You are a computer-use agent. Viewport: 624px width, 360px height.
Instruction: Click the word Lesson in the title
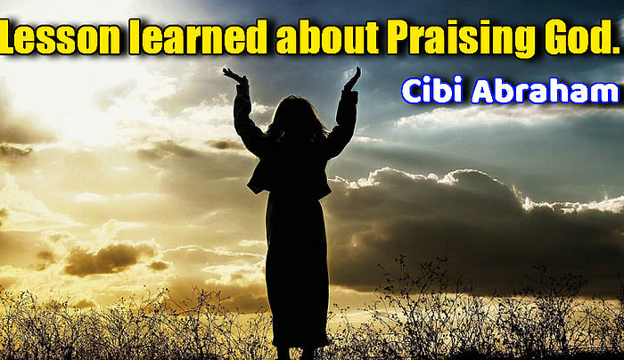60,37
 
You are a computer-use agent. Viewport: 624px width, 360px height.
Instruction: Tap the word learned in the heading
197,37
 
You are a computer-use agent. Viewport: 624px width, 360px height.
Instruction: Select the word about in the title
327,37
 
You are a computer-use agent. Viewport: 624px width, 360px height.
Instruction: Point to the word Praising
462,38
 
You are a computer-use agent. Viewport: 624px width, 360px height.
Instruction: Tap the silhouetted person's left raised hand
234,76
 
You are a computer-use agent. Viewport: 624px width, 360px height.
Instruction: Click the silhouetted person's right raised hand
353,78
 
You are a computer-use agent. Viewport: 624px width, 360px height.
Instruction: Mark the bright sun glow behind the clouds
79,100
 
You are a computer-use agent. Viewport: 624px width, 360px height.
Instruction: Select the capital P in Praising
400,37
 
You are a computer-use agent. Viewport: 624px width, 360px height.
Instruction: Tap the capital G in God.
558,37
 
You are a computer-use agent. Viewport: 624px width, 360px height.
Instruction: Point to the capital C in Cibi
414,90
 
